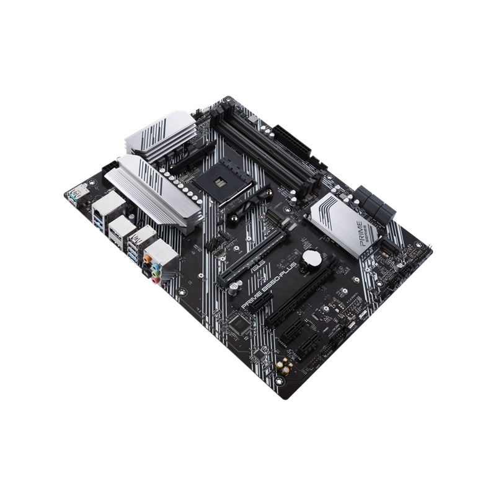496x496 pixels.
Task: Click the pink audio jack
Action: [156, 280]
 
